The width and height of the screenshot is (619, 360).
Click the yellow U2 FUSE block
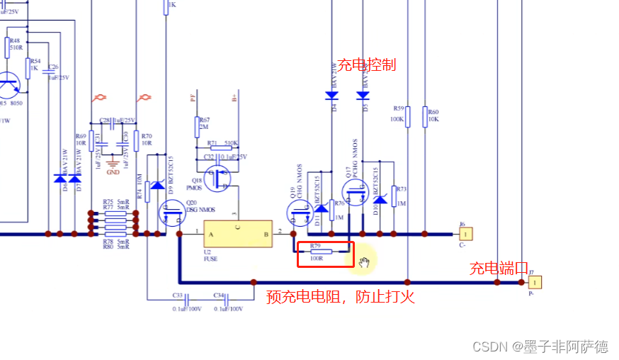[238, 234]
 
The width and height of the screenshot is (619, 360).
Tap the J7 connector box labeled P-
[535, 282]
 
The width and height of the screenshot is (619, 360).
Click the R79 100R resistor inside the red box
[322, 252]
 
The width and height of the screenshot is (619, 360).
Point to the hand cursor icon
[364, 262]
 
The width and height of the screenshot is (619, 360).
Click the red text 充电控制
[366, 65]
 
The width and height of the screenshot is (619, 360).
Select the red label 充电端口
[499, 269]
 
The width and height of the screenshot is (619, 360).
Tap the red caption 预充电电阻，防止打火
[340, 297]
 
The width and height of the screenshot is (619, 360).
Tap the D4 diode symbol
[331, 95]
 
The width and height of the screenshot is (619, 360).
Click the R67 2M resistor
[197, 127]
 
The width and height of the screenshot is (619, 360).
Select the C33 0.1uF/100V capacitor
[178, 298]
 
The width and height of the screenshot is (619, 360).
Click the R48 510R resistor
[8, 47]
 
